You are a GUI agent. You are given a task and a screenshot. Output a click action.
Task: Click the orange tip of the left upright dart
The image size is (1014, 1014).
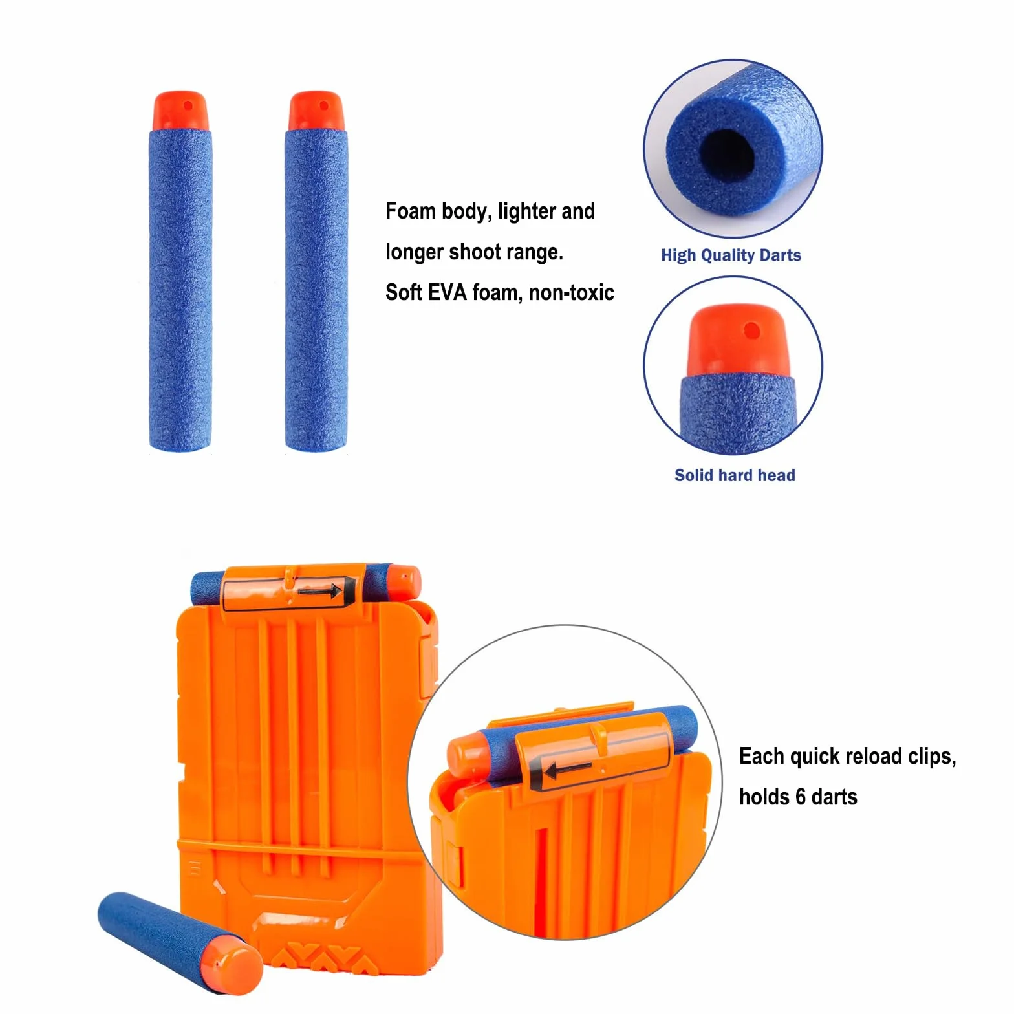click(180, 111)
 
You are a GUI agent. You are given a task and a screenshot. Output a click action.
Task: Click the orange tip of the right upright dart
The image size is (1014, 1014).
click(316, 111)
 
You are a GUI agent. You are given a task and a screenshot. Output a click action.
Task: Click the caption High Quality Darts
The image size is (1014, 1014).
click(731, 255)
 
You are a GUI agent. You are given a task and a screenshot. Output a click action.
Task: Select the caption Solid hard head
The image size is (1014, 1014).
click(735, 475)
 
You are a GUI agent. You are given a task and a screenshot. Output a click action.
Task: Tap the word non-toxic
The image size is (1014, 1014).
click(572, 293)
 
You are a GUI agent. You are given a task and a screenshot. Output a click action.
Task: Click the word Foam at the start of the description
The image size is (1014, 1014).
click(410, 211)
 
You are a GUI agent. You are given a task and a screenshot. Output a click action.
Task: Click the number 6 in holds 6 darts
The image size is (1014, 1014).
click(799, 797)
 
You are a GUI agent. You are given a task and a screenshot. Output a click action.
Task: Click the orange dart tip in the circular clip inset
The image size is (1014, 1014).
click(468, 755)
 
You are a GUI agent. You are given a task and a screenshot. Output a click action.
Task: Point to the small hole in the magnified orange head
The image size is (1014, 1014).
click(751, 330)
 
